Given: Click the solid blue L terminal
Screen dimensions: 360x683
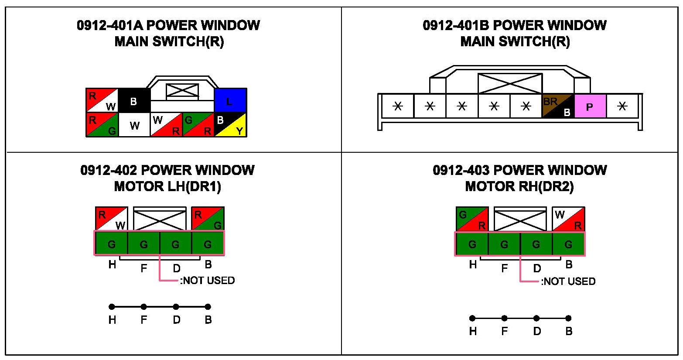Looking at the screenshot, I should click(x=230, y=100).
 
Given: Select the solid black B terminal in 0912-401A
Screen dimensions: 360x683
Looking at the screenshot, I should click(x=134, y=100).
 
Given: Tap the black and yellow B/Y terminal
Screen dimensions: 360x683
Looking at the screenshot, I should click(x=230, y=125).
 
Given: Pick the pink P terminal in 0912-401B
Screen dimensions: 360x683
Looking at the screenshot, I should click(x=590, y=106).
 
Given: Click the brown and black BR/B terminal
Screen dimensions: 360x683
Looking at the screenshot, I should click(x=558, y=106).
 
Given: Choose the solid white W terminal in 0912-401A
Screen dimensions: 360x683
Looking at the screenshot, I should click(x=134, y=125).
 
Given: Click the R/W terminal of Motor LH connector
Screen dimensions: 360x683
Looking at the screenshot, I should click(x=111, y=219).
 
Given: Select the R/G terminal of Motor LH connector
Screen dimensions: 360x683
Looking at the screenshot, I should click(x=208, y=219).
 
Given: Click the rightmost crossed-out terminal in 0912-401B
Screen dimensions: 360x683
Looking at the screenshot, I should click(x=622, y=106).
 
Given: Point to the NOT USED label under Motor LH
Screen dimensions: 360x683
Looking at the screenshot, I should click(x=208, y=280).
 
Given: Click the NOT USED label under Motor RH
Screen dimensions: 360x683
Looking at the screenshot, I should click(x=569, y=281).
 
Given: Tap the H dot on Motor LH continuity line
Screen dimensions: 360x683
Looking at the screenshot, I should click(x=112, y=307).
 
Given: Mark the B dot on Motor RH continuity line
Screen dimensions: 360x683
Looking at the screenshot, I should click(x=568, y=318).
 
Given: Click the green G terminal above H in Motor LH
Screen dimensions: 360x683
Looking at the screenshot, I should click(x=112, y=243).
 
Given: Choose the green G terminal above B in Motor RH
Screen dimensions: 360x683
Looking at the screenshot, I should click(x=568, y=244).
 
